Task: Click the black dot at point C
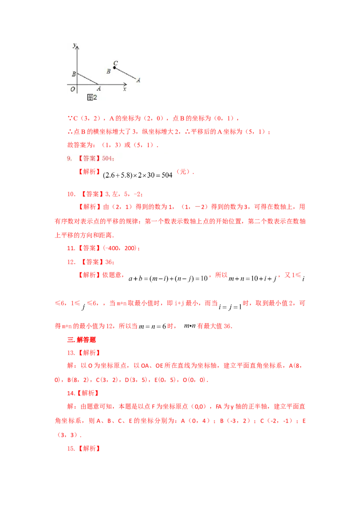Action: (114, 67)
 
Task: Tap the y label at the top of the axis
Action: (74, 45)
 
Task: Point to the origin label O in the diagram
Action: (72, 89)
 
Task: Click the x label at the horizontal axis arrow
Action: (125, 89)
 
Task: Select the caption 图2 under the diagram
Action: (92, 97)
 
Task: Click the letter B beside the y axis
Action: (74, 74)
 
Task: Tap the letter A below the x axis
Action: (99, 88)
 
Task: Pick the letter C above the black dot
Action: (115, 63)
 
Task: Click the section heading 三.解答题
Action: (81, 339)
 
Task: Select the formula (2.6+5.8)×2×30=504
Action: (137, 175)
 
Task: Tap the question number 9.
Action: (69, 158)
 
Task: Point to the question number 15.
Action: (71, 448)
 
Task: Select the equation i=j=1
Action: (230, 307)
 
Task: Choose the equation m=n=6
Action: (153, 326)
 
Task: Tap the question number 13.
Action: (71, 353)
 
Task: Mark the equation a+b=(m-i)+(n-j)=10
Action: (168, 278)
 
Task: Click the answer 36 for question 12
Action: (108, 262)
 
